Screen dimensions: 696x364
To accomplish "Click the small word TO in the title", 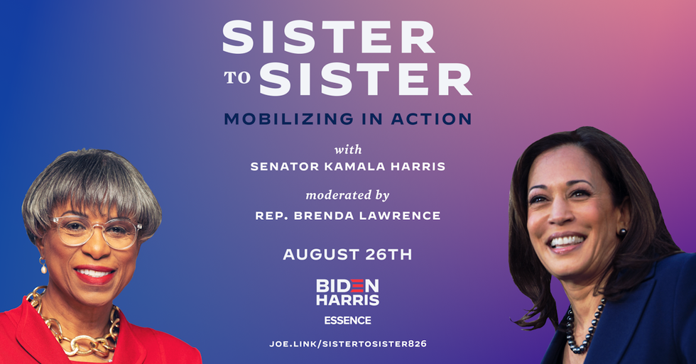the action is [x=237, y=77].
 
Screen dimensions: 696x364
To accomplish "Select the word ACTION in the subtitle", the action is [x=431, y=118].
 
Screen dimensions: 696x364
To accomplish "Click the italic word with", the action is [x=348, y=150].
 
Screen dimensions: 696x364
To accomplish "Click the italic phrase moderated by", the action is [x=347, y=195].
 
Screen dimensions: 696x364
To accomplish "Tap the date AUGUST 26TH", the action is [x=347, y=255].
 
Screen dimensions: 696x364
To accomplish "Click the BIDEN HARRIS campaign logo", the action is [x=347, y=292].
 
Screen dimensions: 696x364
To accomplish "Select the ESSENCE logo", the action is [x=347, y=320].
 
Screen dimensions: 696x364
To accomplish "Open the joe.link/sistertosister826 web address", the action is [x=347, y=343].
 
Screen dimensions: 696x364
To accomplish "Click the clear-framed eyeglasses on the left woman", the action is [x=97, y=231].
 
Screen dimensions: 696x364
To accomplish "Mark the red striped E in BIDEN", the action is [x=357, y=285].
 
